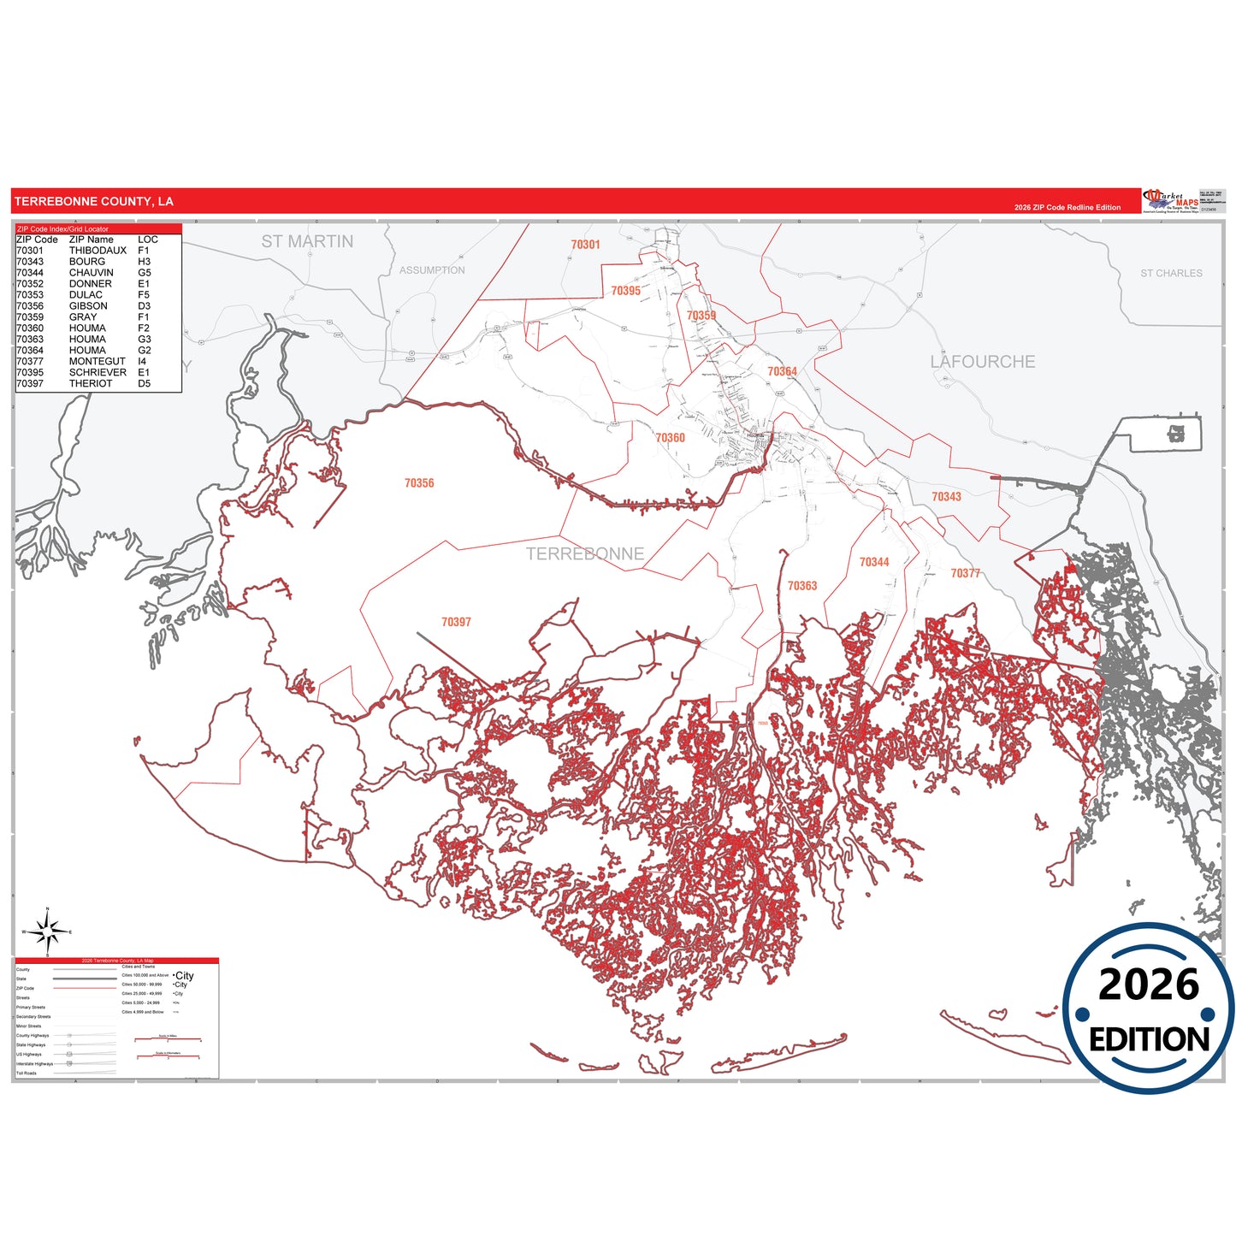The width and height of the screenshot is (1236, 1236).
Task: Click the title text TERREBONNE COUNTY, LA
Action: click(x=94, y=202)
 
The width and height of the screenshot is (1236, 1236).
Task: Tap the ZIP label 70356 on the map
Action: click(x=419, y=483)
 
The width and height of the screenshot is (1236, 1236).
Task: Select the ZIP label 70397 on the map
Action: click(x=456, y=622)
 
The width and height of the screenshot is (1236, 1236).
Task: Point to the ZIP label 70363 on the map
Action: click(x=802, y=586)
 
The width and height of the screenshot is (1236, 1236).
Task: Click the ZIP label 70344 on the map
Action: click(x=874, y=562)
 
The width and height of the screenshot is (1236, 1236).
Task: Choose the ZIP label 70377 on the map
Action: click(x=966, y=573)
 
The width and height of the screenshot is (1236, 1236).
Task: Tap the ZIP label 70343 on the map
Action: click(x=946, y=497)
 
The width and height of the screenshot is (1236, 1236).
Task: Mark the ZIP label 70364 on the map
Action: click(x=782, y=371)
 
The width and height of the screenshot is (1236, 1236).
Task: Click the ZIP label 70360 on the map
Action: click(x=670, y=438)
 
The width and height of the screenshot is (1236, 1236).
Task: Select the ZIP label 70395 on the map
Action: click(x=625, y=291)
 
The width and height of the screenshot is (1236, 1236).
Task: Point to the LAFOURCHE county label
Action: click(x=982, y=362)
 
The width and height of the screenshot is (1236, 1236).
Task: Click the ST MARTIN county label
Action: click(x=307, y=242)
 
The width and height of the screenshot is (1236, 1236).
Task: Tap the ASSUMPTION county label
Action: click(x=432, y=270)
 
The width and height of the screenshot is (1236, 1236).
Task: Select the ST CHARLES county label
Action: click(x=1171, y=274)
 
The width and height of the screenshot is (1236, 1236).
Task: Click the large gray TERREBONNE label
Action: click(x=584, y=554)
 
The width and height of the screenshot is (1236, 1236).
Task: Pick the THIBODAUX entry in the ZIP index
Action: click(x=98, y=251)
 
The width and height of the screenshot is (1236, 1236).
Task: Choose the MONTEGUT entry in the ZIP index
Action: click(x=97, y=362)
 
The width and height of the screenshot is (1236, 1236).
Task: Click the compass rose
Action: click(x=48, y=931)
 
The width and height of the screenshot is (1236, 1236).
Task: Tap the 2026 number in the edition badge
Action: click(x=1148, y=985)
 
